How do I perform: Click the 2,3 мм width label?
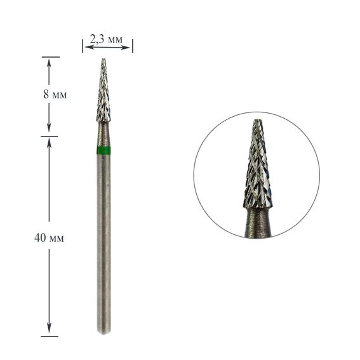click(107, 39)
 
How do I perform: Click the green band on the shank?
click(103, 150)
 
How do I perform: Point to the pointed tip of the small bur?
click(103, 60)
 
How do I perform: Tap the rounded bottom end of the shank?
click(103, 333)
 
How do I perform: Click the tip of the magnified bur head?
click(257, 121)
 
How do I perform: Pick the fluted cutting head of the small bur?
click(103, 95)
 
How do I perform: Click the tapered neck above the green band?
click(103, 133)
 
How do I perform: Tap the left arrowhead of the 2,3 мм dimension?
click(85, 46)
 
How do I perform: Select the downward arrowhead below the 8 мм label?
click(50, 131)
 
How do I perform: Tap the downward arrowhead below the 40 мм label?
click(50, 332)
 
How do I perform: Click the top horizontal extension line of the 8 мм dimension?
click(50, 57)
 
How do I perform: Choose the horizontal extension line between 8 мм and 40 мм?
click(50, 136)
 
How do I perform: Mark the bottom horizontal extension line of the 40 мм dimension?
click(50, 337)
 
